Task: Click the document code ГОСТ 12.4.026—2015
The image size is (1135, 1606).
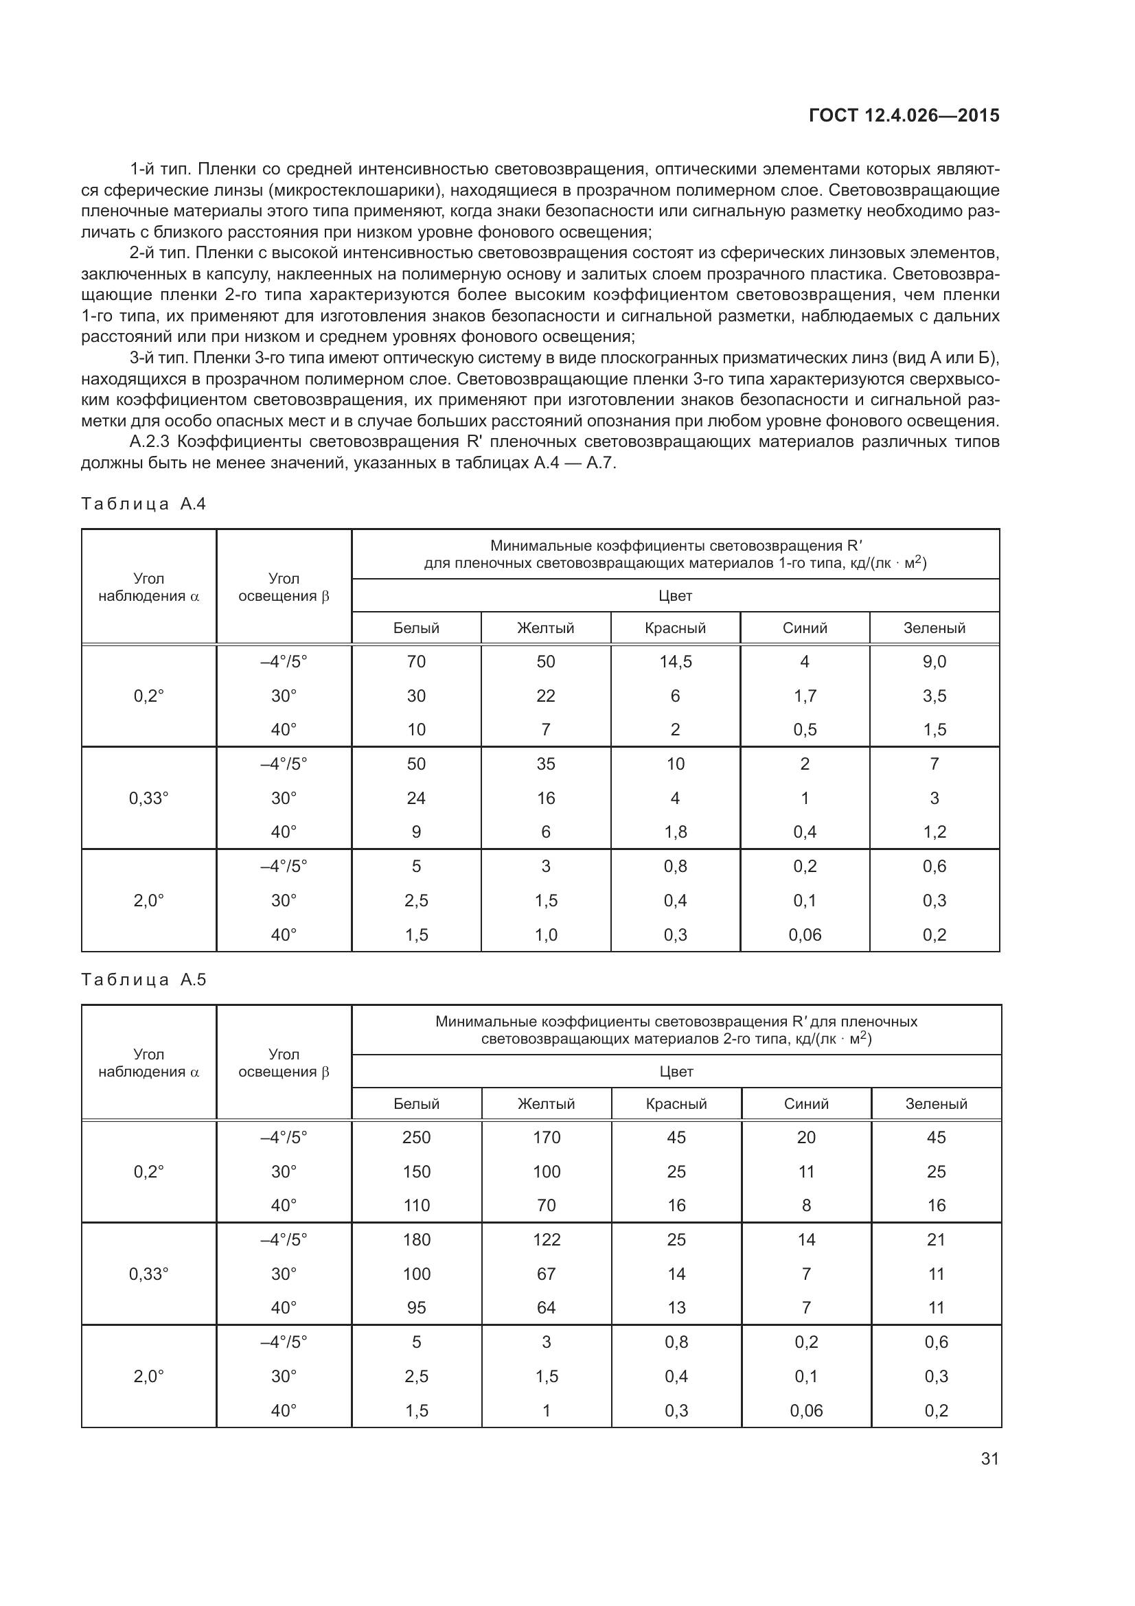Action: click(x=904, y=115)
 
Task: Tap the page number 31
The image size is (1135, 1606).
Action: click(x=989, y=1459)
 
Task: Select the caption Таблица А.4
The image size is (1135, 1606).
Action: click(x=144, y=505)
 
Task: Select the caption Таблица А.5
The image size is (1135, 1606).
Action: click(x=144, y=980)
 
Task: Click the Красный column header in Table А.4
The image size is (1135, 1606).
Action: click(x=675, y=628)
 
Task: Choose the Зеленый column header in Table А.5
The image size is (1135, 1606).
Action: click(x=936, y=1104)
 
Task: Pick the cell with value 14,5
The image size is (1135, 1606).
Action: click(x=675, y=662)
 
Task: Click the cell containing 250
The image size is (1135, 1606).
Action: click(x=416, y=1137)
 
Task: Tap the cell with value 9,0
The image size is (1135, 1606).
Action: click(x=935, y=662)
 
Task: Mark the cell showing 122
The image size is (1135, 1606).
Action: click(x=546, y=1239)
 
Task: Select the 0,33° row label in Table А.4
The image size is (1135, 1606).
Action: click(x=148, y=798)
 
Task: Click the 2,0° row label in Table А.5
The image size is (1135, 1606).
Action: click(x=148, y=1376)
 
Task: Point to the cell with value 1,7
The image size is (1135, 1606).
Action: click(x=804, y=696)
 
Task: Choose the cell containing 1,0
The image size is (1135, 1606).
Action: click(x=545, y=934)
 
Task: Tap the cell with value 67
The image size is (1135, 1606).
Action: click(x=546, y=1274)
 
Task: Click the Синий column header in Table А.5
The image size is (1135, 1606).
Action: click(x=805, y=1104)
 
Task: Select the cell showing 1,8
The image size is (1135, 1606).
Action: click(x=675, y=831)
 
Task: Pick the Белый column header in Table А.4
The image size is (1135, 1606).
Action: click(x=416, y=628)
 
